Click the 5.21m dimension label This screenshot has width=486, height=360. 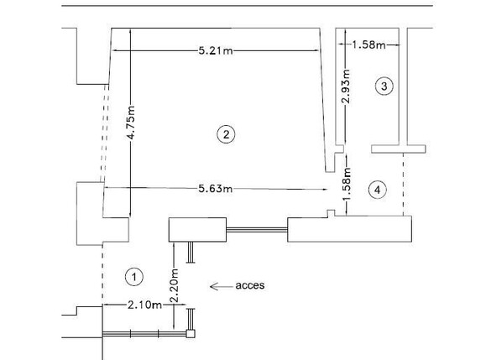(x=215, y=51)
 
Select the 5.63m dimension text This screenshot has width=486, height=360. (x=215, y=189)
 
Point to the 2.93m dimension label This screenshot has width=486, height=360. (x=346, y=86)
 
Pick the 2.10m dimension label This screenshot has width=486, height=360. (x=144, y=305)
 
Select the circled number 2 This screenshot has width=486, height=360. (x=223, y=133)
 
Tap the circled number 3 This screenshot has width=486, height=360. (x=384, y=86)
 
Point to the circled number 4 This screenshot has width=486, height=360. (x=378, y=190)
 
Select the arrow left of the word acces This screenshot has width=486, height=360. (x=220, y=286)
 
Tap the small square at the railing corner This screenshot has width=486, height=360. (x=191, y=334)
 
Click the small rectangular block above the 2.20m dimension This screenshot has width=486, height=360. (x=198, y=229)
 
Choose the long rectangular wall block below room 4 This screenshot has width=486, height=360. (x=349, y=229)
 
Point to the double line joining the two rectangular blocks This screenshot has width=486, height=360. (x=257, y=229)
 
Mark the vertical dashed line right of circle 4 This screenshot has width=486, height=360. (x=404, y=185)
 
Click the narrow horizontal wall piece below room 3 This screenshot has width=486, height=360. (x=399, y=149)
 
